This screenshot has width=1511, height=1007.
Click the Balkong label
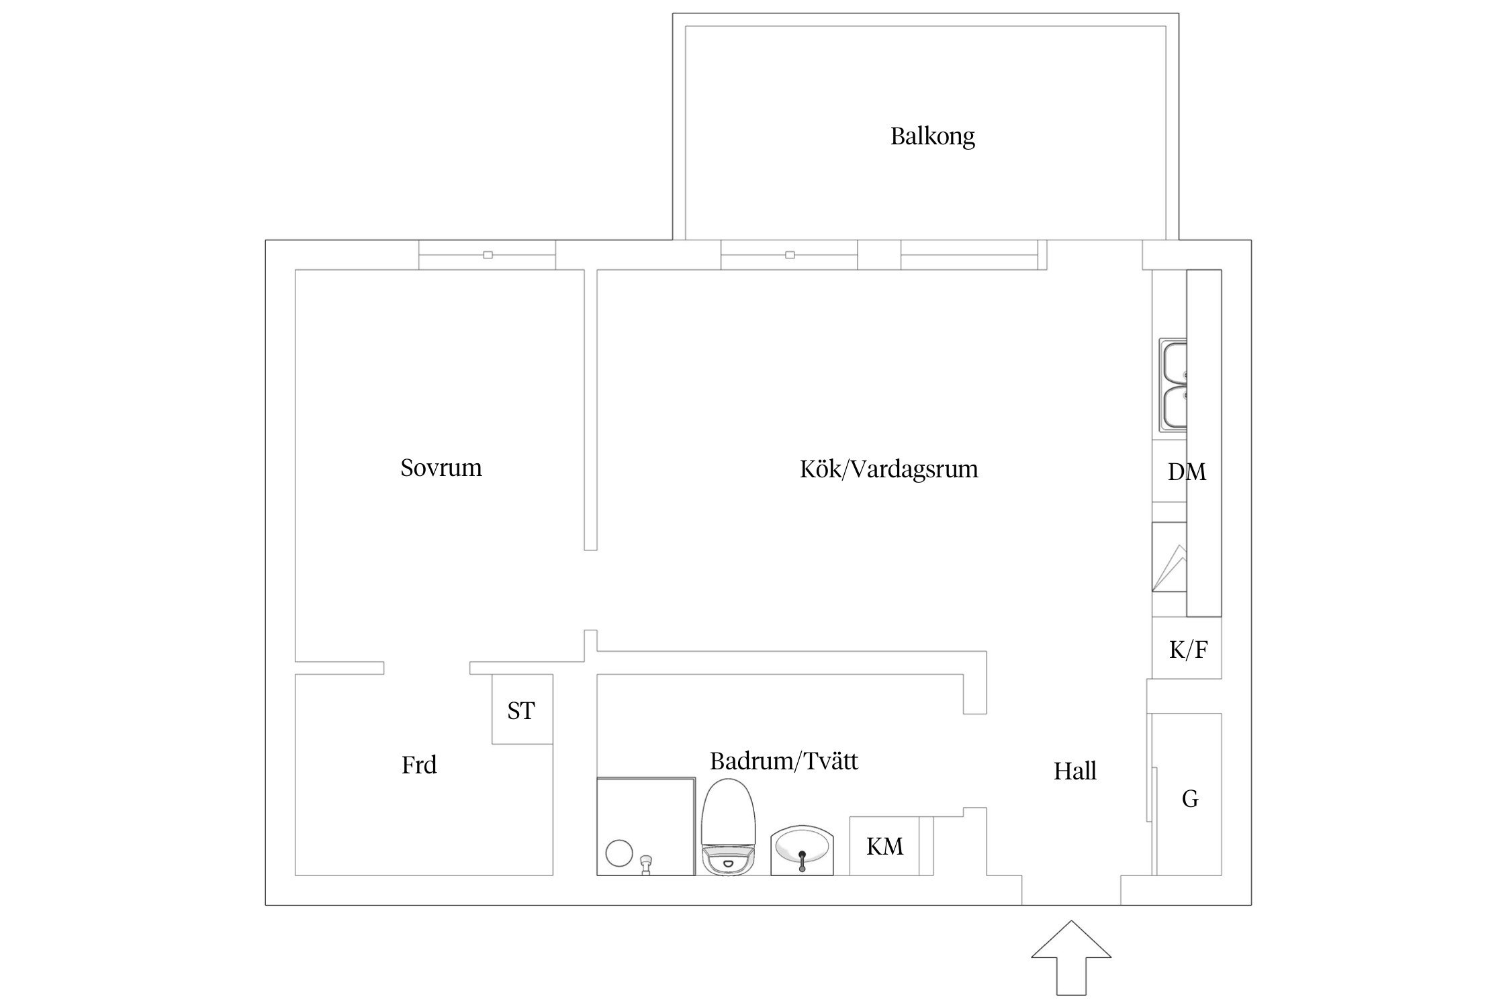click(932, 136)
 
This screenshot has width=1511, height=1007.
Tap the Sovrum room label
click(441, 468)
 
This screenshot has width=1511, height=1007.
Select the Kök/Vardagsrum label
click(888, 469)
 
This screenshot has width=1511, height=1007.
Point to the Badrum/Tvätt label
click(784, 761)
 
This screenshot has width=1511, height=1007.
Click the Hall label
click(1074, 771)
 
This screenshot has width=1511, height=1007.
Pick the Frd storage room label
click(419, 765)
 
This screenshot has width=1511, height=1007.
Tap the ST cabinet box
click(522, 710)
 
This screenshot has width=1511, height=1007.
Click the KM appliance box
click(884, 847)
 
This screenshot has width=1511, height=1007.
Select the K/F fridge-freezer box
click(1187, 650)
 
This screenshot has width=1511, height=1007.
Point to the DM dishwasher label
click(1187, 472)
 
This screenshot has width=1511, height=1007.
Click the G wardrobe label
click(1189, 799)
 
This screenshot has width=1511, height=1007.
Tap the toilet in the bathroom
click(729, 829)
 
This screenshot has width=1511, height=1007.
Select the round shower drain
click(619, 853)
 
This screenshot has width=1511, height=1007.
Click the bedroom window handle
click(488, 255)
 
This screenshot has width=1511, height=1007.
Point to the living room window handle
click(790, 255)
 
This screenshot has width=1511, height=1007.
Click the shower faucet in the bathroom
click(647, 863)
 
